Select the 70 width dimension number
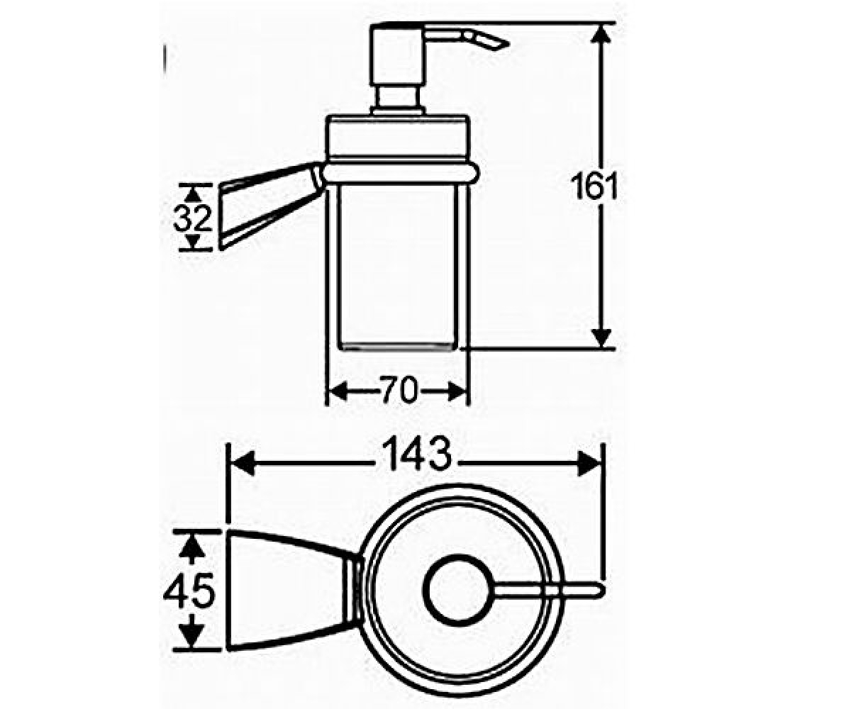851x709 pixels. pos(399,390)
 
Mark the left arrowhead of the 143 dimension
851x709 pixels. pos(243,463)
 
